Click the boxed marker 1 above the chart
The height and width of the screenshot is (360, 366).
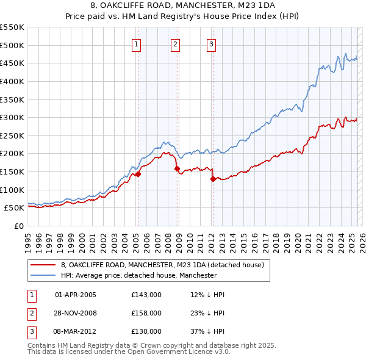136,44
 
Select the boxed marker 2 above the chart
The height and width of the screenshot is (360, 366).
175,44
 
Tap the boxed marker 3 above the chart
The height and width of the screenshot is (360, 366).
211,44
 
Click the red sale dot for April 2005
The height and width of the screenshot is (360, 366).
138,174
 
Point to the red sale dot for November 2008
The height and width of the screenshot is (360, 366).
177,168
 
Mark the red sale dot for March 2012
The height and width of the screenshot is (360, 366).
213,179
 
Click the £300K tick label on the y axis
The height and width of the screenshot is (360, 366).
12,117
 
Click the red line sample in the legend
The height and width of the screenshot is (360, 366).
45,265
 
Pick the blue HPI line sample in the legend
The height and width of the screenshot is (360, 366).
45,276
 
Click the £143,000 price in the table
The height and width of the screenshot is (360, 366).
146,295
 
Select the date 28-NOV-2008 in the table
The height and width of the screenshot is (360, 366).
76,313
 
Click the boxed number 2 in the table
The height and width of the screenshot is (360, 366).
31,313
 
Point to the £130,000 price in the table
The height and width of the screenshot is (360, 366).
146,331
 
